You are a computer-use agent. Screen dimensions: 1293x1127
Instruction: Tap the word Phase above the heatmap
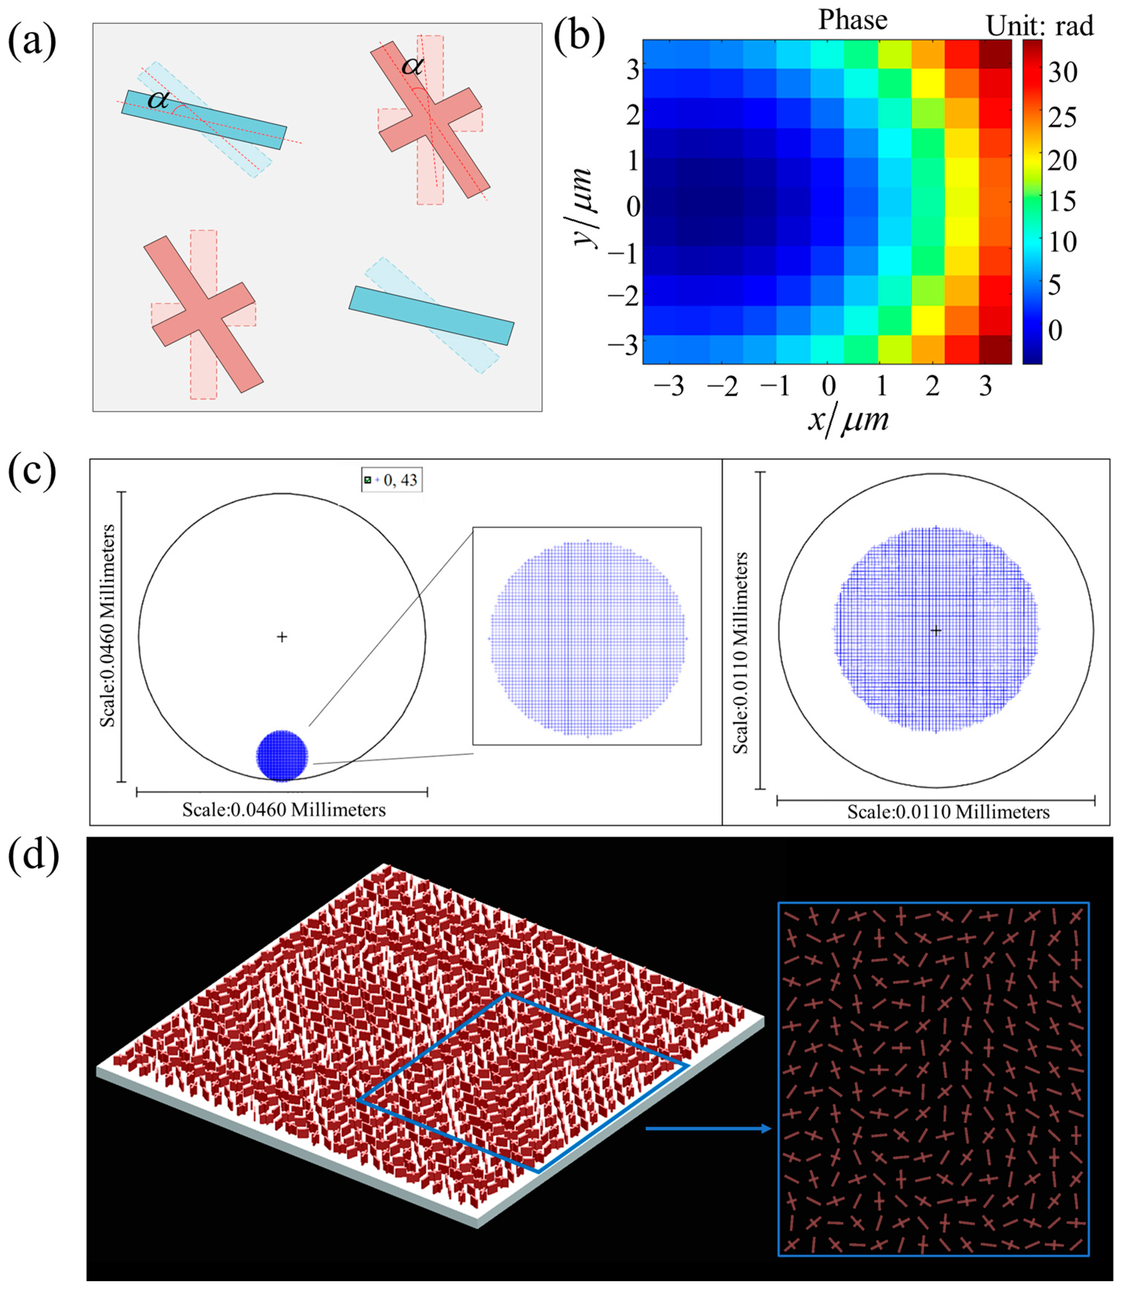point(852,20)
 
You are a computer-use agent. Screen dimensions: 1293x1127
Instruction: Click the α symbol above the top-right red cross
point(413,65)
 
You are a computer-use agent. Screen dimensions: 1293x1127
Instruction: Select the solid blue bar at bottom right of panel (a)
point(431,315)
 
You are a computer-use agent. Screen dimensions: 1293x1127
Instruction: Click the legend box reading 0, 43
point(391,480)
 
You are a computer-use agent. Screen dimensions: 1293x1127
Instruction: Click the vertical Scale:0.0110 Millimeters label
point(741,653)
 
